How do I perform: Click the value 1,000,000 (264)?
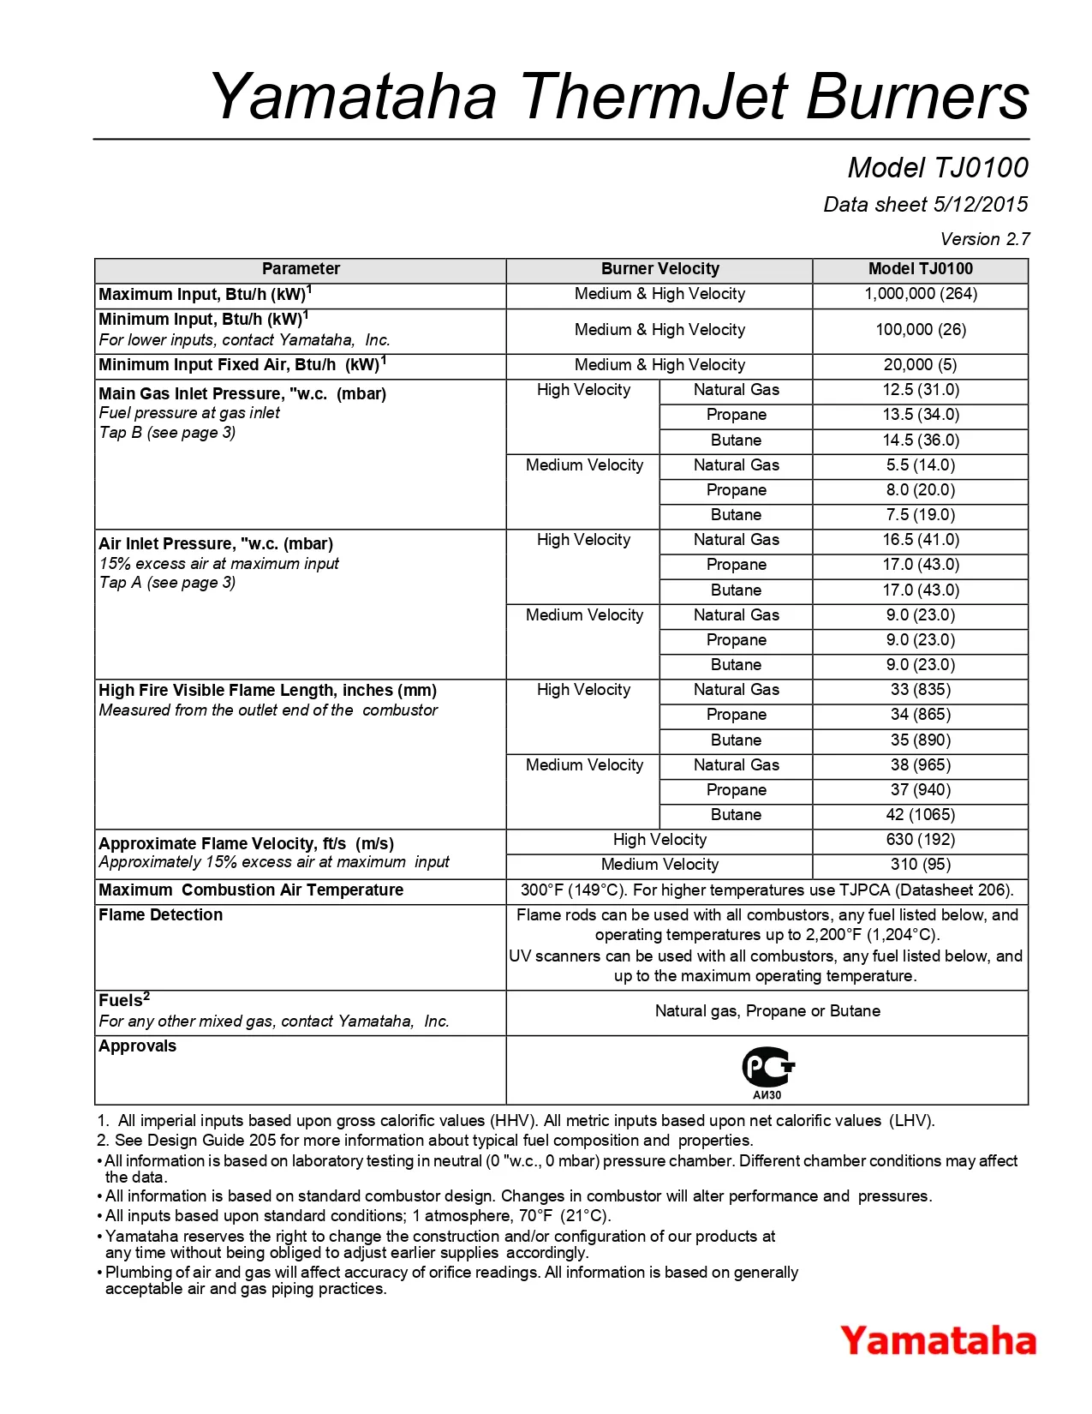coord(921,294)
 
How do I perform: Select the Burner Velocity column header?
coord(659,269)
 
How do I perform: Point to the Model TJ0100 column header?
coord(921,269)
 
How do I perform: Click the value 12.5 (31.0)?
coord(921,390)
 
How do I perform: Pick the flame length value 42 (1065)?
coord(921,815)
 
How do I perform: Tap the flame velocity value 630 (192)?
coord(921,840)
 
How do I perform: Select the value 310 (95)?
coord(921,865)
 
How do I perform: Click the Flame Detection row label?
coord(161,915)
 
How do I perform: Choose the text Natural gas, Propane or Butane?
coord(767,1011)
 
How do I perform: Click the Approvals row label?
coord(138,1046)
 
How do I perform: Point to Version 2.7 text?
coord(985,239)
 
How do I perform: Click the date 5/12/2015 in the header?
coord(981,205)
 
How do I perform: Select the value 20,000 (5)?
coord(921,365)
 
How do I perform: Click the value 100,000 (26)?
coord(921,330)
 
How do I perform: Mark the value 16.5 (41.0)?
coord(921,540)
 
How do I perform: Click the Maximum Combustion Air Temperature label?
coord(251,890)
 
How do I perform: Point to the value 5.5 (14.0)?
coord(921,465)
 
